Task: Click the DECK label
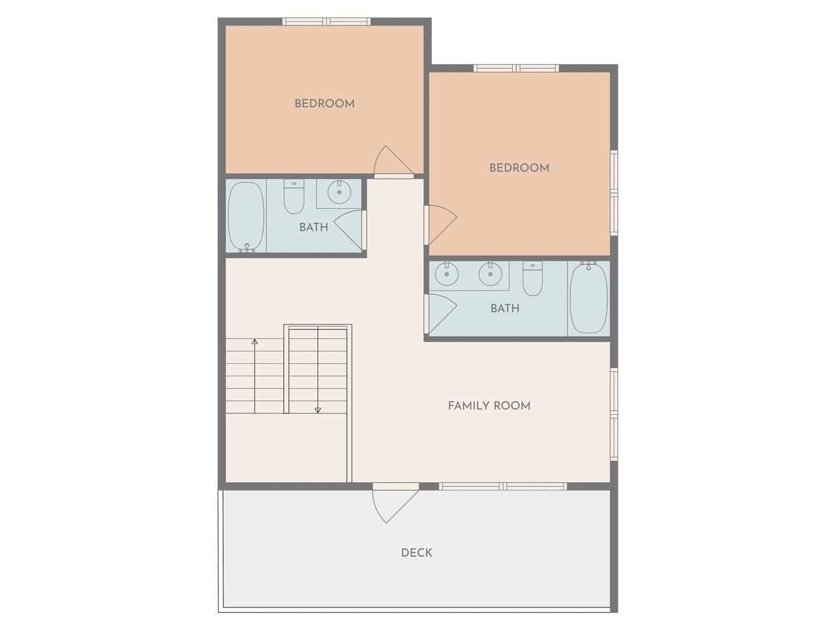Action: click(x=416, y=553)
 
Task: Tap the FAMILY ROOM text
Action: click(x=489, y=406)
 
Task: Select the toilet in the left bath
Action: click(x=294, y=197)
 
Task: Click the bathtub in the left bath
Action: click(x=246, y=216)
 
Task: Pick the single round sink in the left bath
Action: click(x=339, y=192)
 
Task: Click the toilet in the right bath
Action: click(x=532, y=278)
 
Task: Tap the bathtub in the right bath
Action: click(x=588, y=298)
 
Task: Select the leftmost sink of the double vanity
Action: click(x=446, y=274)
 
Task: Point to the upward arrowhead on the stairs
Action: click(x=255, y=342)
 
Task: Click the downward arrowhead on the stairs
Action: click(x=317, y=410)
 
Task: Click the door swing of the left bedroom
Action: click(x=393, y=162)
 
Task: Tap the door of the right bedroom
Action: click(x=440, y=225)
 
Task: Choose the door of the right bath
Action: click(x=440, y=314)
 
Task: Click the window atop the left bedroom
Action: click(x=327, y=22)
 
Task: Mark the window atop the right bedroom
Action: click(x=516, y=69)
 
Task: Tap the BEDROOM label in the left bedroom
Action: click(x=325, y=104)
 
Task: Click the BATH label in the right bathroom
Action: click(x=505, y=308)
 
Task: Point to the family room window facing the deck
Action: click(x=503, y=487)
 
